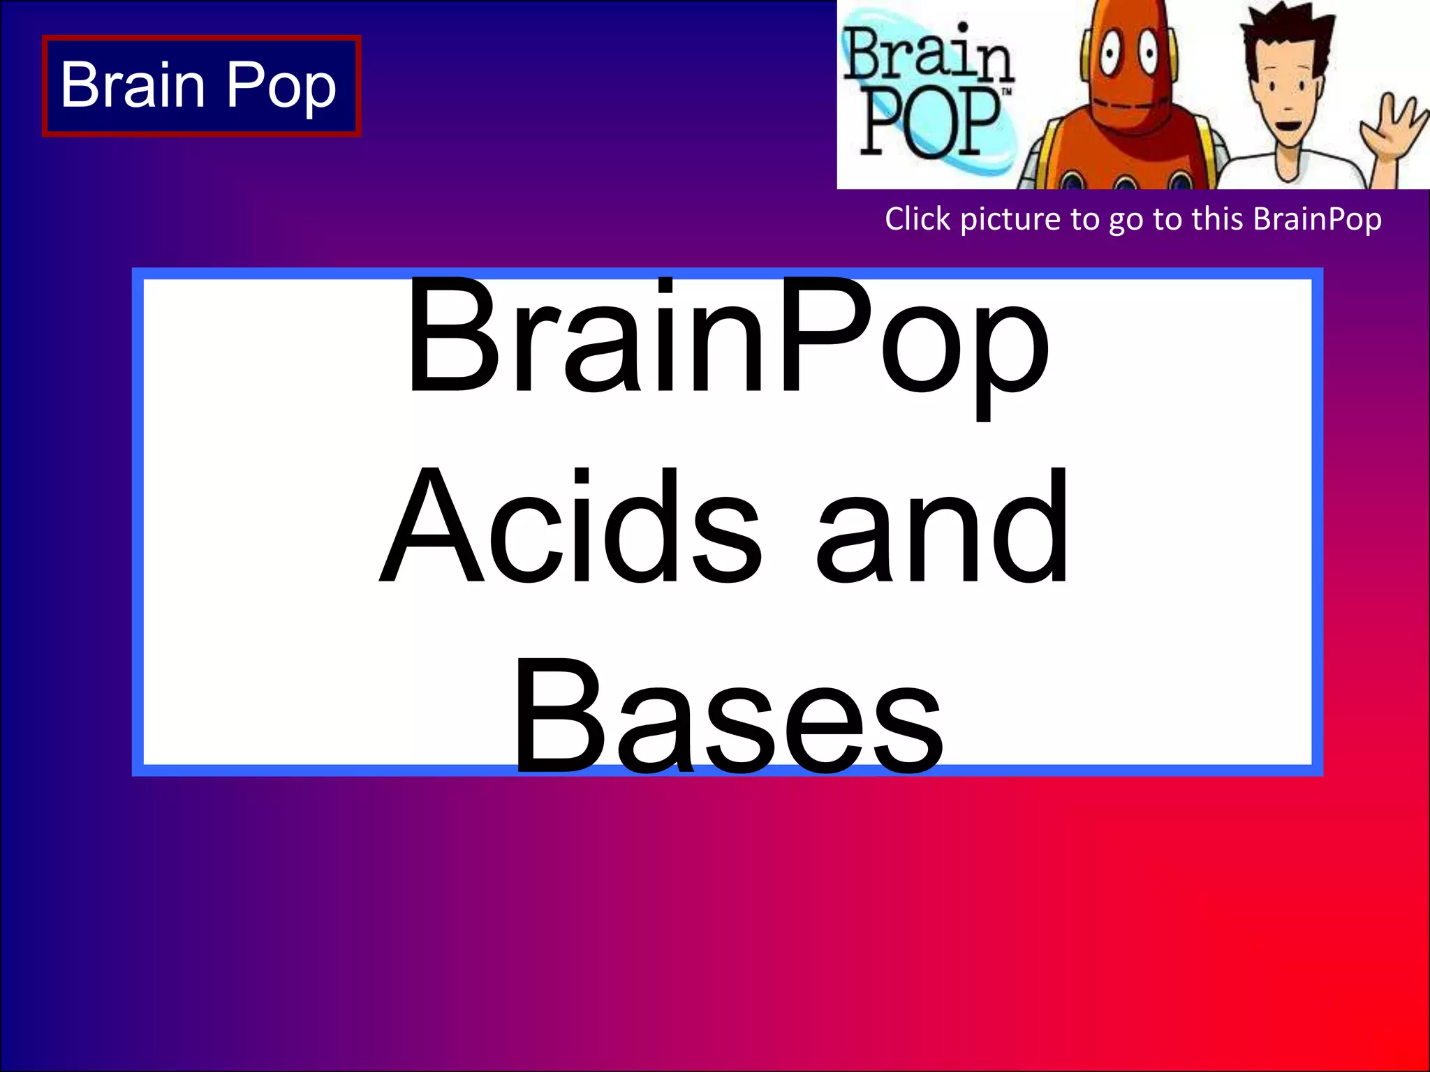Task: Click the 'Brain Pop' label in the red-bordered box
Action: [199, 85]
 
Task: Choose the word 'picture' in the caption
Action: [1012, 220]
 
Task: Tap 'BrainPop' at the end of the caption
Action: [1317, 219]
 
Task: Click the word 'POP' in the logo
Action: [929, 123]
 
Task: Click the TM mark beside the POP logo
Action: [1006, 92]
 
